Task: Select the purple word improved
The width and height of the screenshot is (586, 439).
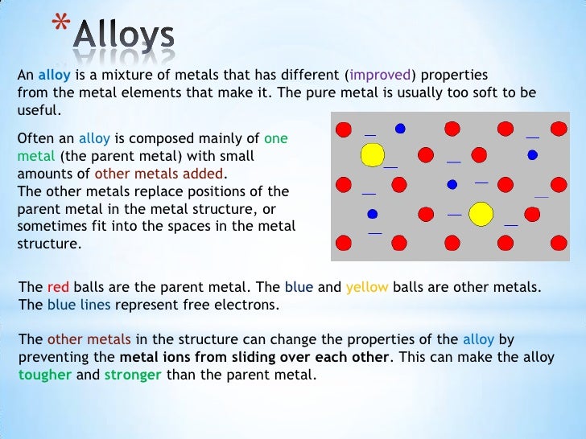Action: click(x=381, y=75)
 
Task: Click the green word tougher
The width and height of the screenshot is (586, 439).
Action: click(x=44, y=374)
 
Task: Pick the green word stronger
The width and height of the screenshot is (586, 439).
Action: click(x=134, y=374)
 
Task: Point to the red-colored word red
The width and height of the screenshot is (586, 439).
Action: click(x=59, y=287)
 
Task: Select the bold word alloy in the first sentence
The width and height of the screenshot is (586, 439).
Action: click(x=56, y=75)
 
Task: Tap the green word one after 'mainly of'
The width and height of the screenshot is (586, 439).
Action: click(x=275, y=137)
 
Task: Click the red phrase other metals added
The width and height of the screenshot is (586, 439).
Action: click(x=160, y=173)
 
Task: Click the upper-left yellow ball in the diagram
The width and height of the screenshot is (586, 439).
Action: click(x=372, y=154)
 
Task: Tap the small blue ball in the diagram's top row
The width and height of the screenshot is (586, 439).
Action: click(x=400, y=128)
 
